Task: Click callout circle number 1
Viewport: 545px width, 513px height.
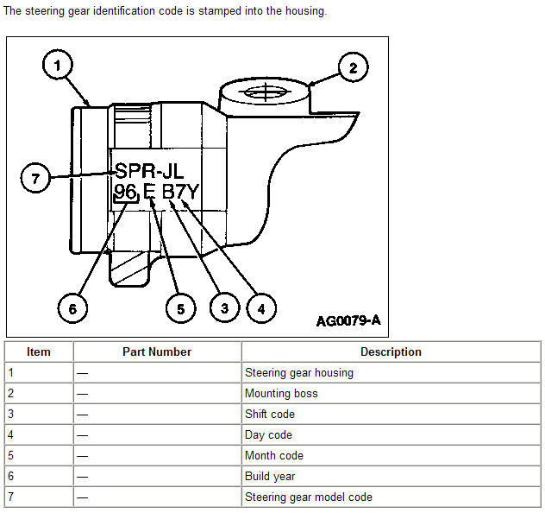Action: tap(58, 65)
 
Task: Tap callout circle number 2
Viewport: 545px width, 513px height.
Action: tap(354, 67)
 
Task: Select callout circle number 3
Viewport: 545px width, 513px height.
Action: tap(225, 307)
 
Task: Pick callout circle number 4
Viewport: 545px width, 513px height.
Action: tap(261, 308)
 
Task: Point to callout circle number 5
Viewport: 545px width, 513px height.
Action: tap(181, 308)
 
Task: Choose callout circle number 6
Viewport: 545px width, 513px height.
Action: tap(72, 308)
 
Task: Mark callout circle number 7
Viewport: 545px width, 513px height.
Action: tap(35, 178)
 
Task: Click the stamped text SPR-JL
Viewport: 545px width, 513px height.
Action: tap(149, 171)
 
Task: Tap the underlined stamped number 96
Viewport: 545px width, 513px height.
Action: tap(125, 192)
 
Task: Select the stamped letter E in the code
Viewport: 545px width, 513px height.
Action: tap(149, 192)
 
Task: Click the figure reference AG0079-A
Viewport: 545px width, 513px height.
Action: tap(348, 320)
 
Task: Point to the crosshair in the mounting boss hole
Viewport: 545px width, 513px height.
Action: tap(266, 92)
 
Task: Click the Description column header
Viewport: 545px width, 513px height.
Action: tap(391, 351)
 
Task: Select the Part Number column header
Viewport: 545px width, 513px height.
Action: tap(157, 351)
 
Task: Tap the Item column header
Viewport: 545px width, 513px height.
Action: tap(39, 351)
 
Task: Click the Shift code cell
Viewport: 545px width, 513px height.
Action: tap(391, 414)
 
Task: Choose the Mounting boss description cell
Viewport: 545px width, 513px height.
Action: tap(391, 393)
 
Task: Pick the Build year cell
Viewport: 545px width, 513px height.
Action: tap(391, 476)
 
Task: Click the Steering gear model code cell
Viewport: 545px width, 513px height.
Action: tap(391, 497)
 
